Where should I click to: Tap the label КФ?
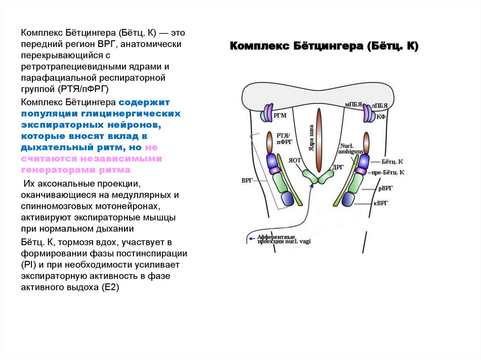tap(381, 116)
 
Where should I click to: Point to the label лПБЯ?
tap(379, 106)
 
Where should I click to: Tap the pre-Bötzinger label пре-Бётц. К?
tap(388, 172)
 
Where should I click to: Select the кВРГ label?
tap(383, 203)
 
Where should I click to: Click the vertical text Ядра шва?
tap(310, 139)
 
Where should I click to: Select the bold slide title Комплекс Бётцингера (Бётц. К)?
tap(324, 46)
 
